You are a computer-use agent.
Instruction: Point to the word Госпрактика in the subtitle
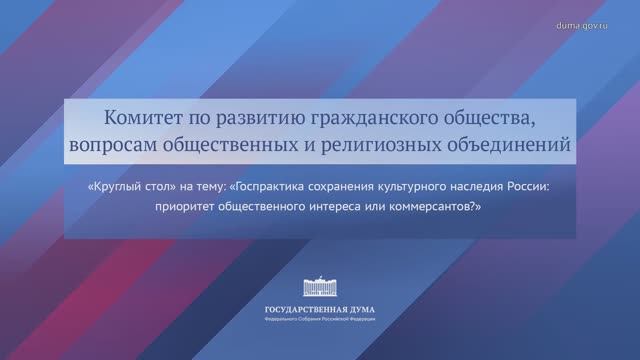(x=288, y=187)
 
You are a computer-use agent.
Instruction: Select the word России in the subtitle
(x=536, y=187)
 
